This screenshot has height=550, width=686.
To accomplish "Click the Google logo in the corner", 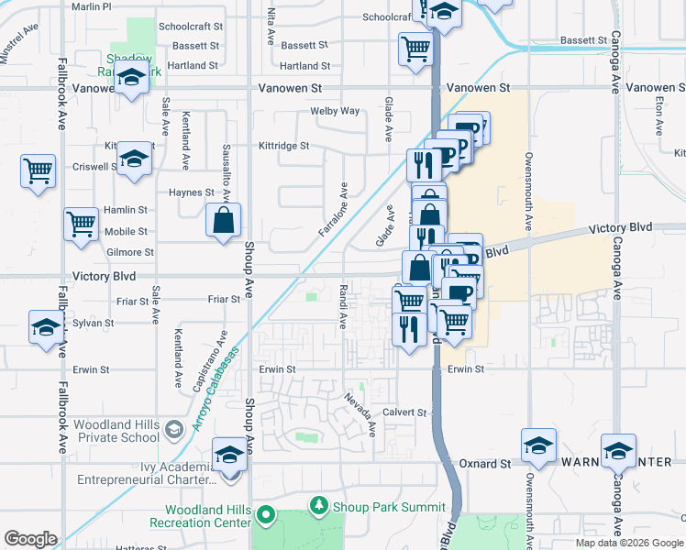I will (31, 539).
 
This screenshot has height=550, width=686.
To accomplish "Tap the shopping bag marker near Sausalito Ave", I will (223, 220).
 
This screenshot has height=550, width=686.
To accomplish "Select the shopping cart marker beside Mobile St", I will (82, 224).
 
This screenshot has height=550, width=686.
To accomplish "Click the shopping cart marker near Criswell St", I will (39, 170).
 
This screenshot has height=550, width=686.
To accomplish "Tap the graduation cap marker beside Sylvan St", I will (47, 328).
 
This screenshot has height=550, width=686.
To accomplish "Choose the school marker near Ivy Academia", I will (229, 455).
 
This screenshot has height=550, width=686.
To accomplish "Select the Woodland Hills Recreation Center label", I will (207, 516).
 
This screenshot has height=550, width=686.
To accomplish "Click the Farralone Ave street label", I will (333, 209).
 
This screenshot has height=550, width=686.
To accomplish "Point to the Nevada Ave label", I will (360, 413).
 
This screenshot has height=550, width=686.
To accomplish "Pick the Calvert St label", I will (405, 412).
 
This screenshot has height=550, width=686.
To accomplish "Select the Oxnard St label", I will (484, 464).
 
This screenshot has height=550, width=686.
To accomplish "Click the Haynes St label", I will (191, 192).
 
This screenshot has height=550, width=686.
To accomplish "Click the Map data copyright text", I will (629, 543).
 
